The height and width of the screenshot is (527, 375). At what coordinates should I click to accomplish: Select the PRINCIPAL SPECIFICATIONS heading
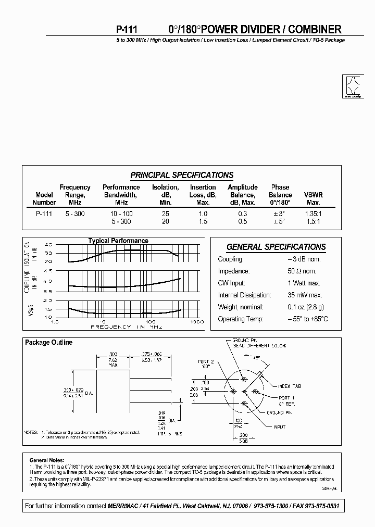[x=182, y=175]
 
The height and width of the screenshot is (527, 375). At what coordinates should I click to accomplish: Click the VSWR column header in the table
[x=313, y=195]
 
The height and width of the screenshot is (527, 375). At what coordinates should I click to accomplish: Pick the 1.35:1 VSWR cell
[x=313, y=214]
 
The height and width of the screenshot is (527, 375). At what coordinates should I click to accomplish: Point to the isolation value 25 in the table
[x=165, y=214]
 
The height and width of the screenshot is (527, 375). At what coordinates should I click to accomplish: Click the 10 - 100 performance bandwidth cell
[x=121, y=214]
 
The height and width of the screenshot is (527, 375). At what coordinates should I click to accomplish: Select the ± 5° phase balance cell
[x=280, y=221]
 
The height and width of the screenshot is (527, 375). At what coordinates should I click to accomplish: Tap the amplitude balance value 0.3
[x=243, y=214]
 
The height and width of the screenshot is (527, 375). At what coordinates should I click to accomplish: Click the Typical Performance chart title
[x=118, y=241]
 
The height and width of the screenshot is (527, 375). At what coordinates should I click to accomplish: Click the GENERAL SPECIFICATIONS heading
[x=276, y=247]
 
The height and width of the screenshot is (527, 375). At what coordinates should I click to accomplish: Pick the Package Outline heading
[x=49, y=343]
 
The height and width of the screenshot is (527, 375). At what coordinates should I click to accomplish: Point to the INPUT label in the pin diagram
[x=280, y=427]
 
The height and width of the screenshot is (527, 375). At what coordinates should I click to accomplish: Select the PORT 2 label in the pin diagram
[x=206, y=361]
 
